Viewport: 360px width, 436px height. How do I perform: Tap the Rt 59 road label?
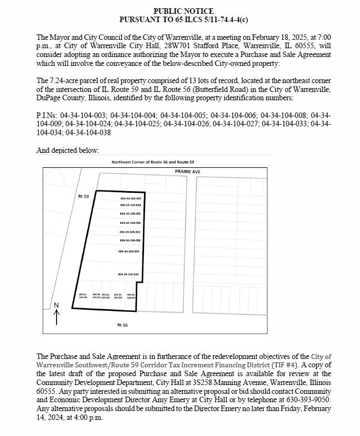tap(84, 197)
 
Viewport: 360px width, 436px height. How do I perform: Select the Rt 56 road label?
tap(122, 325)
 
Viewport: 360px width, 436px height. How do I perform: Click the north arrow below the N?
tap(56, 316)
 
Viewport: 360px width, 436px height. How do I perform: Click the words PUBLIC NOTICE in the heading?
tap(183, 11)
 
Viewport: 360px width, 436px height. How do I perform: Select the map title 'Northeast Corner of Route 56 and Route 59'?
tap(153, 162)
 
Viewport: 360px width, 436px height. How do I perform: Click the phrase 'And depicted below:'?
tap(68, 150)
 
